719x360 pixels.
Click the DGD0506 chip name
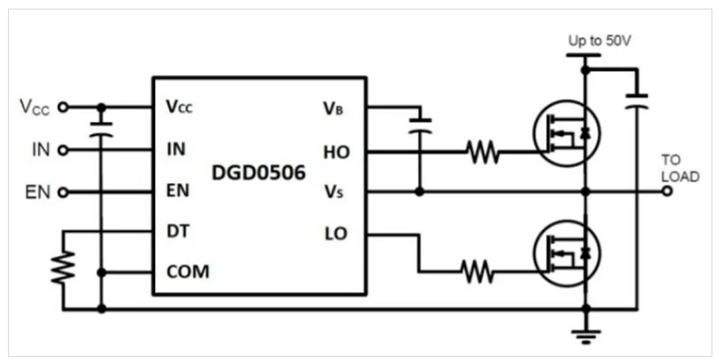(x=259, y=173)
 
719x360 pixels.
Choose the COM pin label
(x=187, y=272)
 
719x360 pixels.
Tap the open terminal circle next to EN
(x=63, y=192)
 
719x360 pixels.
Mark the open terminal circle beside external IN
(x=63, y=150)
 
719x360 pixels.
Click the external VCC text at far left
(x=34, y=107)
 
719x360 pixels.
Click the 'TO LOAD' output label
(x=680, y=169)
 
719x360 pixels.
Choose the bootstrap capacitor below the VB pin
(x=421, y=125)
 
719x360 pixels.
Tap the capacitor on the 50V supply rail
(x=636, y=101)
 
